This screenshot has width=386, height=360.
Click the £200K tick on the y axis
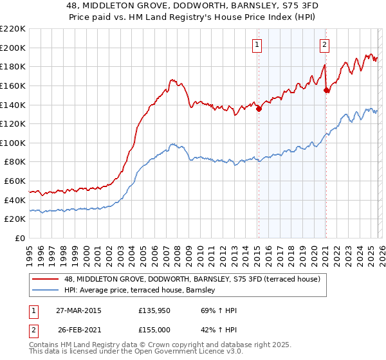(x=13, y=48)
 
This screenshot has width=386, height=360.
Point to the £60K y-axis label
(x=15, y=181)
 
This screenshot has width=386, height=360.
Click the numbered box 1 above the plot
(x=257, y=44)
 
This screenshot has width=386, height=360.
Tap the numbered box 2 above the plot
(x=324, y=44)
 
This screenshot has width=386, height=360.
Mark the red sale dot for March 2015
(x=259, y=109)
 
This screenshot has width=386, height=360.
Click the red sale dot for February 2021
(x=326, y=91)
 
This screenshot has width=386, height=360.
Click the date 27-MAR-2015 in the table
(x=78, y=310)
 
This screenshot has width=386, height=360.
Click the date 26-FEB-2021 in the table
(x=78, y=328)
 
